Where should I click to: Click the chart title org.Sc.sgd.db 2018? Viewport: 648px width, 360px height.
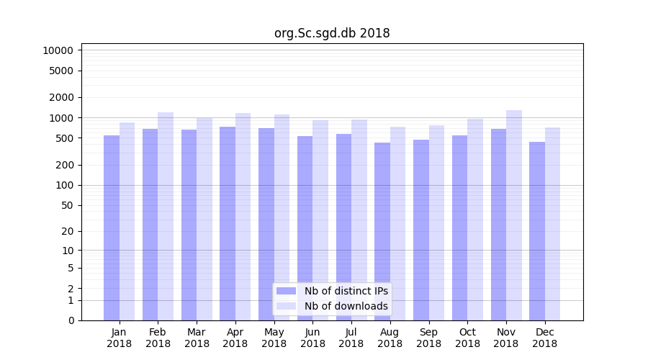[332, 33]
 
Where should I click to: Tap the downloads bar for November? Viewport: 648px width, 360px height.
[514, 215]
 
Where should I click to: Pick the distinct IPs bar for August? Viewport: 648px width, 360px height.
[382, 231]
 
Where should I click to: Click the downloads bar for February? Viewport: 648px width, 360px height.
[166, 216]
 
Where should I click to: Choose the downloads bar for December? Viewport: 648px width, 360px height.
[552, 224]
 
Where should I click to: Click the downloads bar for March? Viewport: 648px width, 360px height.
[204, 219]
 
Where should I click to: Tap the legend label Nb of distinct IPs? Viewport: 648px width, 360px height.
[346, 291]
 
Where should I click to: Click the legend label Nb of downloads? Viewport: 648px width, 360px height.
[346, 306]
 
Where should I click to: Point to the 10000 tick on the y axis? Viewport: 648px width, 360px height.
[58, 50]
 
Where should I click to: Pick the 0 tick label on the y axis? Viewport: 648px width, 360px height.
[71, 320]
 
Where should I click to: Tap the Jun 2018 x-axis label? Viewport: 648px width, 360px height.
[312, 338]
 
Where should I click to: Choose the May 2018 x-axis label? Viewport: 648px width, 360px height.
[274, 338]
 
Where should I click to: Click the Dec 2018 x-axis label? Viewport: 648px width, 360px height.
[544, 338]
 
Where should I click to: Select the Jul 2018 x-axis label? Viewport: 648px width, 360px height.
[351, 338]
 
